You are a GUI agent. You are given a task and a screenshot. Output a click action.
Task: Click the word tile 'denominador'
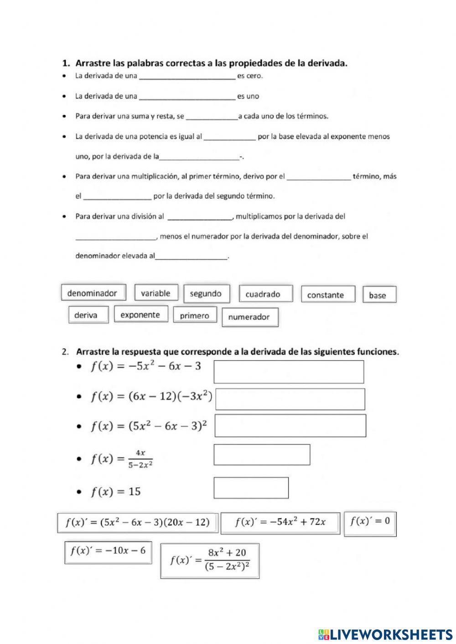93,293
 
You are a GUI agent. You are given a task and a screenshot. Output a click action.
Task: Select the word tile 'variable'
155,293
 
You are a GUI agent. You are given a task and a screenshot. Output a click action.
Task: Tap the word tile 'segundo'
206,294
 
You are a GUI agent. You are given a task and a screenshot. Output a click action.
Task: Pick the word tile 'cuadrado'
265,294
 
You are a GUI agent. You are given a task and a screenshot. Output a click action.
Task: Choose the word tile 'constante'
327,295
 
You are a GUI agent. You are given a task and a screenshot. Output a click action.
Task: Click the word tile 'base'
378,295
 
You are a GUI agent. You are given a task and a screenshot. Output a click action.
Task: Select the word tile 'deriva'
88,315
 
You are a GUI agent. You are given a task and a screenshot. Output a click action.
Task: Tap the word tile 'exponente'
140,314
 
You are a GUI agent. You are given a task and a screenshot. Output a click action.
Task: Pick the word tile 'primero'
195,315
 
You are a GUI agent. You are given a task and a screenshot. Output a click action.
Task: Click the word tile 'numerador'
249,317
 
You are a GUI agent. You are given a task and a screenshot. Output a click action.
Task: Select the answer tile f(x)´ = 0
370,523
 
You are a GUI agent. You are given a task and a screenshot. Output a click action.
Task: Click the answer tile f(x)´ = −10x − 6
108,552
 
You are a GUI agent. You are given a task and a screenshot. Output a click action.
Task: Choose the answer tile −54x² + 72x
280,523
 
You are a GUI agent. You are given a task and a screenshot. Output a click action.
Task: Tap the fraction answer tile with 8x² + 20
210,561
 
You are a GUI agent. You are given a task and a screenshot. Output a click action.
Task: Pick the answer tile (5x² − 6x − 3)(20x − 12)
137,522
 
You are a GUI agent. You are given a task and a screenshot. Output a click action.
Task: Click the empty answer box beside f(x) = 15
251,488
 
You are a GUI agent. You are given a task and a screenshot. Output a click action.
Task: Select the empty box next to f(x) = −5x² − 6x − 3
289,371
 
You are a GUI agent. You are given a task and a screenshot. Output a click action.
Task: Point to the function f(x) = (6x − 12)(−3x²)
151,397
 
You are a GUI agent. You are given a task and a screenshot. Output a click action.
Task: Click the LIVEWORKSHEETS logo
385,634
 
